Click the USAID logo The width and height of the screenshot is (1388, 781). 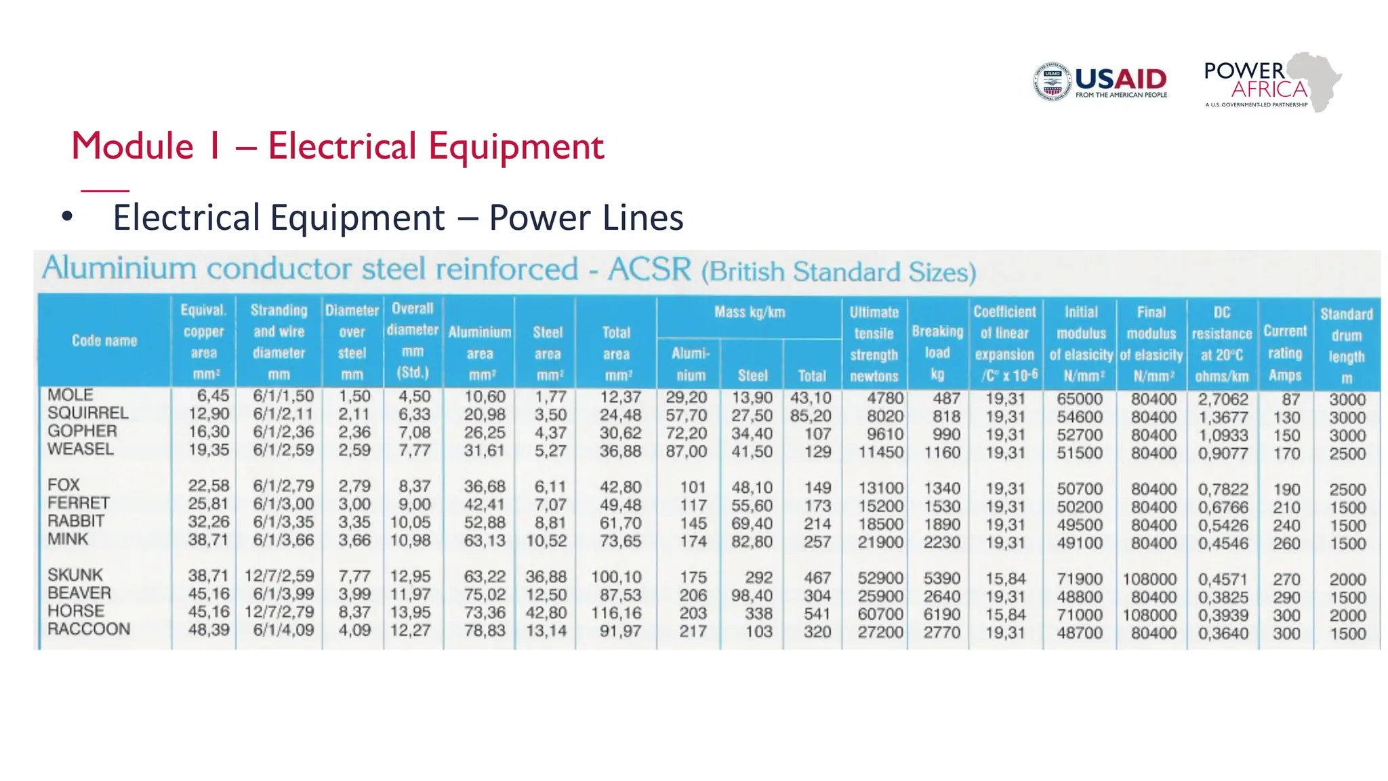click(1101, 82)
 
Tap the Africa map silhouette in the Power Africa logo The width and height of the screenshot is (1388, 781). click(1315, 80)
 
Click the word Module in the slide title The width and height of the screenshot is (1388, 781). click(133, 146)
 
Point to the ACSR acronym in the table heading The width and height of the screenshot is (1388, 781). click(649, 269)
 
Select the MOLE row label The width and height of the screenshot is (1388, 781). click(70, 395)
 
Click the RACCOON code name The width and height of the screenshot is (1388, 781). click(89, 629)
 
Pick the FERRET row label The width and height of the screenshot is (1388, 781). click(79, 503)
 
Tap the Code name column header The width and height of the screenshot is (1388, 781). click(104, 340)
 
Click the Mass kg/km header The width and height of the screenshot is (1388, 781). click(749, 313)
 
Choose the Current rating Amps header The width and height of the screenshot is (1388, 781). click(1285, 353)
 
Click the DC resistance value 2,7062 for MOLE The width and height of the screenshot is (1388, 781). click(1222, 399)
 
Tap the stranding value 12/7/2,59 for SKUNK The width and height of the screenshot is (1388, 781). click(279, 576)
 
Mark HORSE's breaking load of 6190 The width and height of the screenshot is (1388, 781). click(941, 615)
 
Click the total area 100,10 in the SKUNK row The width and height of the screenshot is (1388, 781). click(616, 577)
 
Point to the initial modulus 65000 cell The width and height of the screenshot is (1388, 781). click(1080, 399)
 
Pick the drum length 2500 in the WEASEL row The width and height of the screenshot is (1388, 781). click(1347, 454)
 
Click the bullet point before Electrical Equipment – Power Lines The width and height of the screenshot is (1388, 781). click(66, 217)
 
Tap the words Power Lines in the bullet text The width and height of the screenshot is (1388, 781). click(586, 218)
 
